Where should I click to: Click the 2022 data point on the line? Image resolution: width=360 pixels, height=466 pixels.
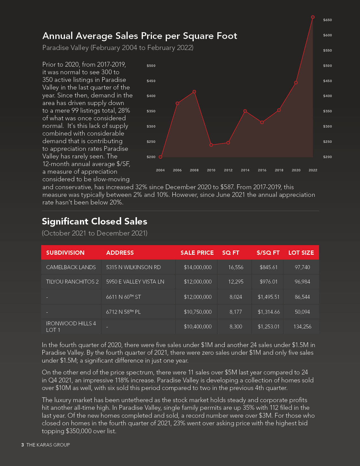click(313, 17)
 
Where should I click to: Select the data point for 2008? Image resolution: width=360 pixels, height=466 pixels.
click(194, 92)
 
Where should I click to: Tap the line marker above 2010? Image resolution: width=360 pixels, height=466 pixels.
click(211, 145)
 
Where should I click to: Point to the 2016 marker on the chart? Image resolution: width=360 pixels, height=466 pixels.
click(262, 122)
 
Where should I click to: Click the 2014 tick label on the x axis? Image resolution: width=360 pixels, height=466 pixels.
click(245, 170)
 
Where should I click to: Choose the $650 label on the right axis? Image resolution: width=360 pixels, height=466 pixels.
click(328, 20)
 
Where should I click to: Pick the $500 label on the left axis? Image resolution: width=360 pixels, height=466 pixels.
click(151, 66)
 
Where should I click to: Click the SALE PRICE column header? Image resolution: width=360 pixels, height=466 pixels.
click(197, 253)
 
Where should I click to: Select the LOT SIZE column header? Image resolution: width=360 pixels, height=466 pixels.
click(301, 253)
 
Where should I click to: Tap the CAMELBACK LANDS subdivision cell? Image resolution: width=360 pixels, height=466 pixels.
click(71, 267)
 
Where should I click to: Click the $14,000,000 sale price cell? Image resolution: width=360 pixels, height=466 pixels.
click(198, 267)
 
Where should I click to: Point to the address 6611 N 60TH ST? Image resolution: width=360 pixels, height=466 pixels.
click(123, 297)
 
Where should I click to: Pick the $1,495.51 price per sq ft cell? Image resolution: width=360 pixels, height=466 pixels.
click(269, 297)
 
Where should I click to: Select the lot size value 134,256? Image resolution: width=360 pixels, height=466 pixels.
click(302, 327)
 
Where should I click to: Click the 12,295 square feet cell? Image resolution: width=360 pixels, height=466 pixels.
click(236, 282)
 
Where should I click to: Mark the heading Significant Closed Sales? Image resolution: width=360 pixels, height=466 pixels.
click(95, 221)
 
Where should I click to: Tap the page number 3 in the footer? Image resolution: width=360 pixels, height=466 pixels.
click(23, 445)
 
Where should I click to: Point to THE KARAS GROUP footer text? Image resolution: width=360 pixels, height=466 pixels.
click(48, 445)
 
